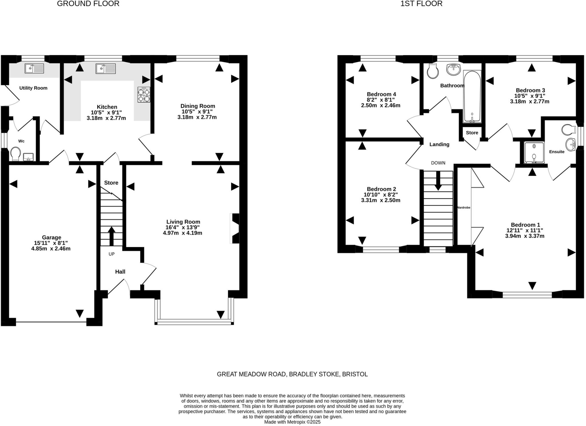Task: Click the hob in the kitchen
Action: pos(144,95)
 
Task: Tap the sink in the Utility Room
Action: pos(34,68)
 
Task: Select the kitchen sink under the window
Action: pos(106,69)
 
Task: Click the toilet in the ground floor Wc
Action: pos(15,154)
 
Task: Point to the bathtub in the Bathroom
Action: pos(472,96)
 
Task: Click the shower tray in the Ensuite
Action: pos(534,153)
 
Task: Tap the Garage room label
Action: pos(52,237)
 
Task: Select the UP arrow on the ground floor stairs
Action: pos(111,236)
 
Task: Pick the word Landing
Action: pos(439,144)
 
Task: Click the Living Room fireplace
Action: pos(235,228)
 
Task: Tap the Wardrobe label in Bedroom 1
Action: pos(464,207)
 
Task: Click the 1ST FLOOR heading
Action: pos(421,4)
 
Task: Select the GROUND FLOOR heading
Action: pos(88,4)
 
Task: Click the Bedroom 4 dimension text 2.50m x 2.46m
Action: pos(381,105)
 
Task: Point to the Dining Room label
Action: pos(197,106)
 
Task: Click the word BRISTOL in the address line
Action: pos(355,374)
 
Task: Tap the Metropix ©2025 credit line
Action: pos(292,422)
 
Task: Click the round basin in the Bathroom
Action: pos(454,69)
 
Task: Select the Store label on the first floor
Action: pos(472,133)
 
